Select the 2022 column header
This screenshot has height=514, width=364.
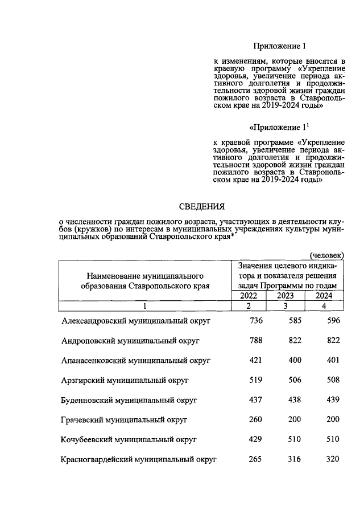(249, 296)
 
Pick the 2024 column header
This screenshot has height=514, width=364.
(323, 296)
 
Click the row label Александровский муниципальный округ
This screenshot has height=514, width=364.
(136, 321)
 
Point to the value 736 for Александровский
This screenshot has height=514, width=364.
(257, 321)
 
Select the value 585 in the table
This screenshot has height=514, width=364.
(294, 321)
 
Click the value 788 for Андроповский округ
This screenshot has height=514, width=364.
(257, 340)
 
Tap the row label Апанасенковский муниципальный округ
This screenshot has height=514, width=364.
(136, 360)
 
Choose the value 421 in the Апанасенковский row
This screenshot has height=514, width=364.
(257, 360)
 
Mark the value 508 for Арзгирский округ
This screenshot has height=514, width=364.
(333, 380)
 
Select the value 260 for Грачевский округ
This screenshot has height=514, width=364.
(257, 419)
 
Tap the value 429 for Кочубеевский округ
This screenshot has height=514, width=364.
(257, 439)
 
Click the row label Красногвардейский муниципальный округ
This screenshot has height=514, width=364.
(139, 459)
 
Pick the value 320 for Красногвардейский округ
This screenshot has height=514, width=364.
(333, 459)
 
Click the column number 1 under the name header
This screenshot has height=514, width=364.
(145, 307)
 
